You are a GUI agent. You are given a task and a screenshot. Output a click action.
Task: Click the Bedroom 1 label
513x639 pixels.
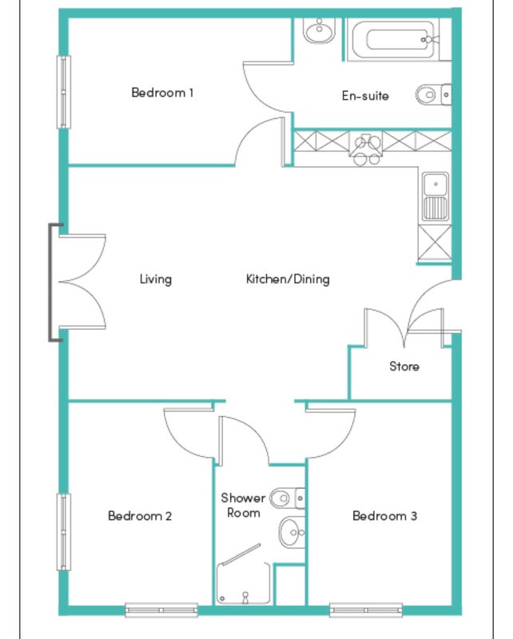[x=162, y=93]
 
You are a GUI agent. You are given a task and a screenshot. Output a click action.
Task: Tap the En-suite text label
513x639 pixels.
[x=365, y=96]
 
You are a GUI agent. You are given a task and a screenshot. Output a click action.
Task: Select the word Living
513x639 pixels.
[x=156, y=279]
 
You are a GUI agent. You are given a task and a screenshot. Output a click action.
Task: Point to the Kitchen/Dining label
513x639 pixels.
[x=288, y=279]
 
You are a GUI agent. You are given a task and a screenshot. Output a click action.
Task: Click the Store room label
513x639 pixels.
[x=404, y=366]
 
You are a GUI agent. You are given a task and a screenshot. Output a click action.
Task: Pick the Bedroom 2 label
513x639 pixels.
[x=140, y=516]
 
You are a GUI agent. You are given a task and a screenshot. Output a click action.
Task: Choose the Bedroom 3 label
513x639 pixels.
[x=384, y=516]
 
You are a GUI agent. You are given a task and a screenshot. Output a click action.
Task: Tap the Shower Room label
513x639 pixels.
[x=243, y=505]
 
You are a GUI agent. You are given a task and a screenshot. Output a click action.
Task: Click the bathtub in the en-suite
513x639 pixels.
[x=394, y=39]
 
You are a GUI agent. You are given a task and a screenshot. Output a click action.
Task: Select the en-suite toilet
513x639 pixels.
[x=433, y=94]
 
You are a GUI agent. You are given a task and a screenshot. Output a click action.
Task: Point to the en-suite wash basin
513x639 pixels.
[x=320, y=30]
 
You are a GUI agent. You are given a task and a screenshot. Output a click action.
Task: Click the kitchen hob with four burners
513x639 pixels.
[x=366, y=149]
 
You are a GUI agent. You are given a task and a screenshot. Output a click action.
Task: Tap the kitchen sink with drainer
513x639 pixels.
[x=435, y=196]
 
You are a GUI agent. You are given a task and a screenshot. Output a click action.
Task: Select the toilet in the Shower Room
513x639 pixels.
[x=288, y=498]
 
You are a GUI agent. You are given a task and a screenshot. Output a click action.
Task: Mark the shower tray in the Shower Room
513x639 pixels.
[x=244, y=584]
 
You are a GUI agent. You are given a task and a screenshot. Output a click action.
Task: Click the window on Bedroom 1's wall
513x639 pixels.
[x=64, y=92]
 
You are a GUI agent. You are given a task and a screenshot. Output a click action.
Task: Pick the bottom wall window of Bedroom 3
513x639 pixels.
[x=366, y=610]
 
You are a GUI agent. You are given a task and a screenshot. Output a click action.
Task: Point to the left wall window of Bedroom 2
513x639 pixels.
[x=64, y=532]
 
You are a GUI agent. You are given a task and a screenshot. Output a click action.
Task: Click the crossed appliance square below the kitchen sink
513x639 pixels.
[x=435, y=243]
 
